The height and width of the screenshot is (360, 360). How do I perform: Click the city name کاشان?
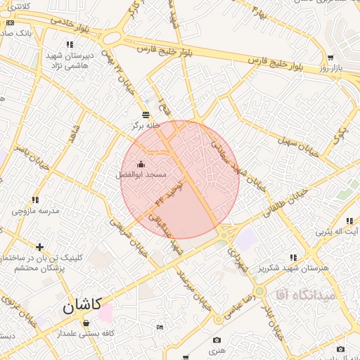82,306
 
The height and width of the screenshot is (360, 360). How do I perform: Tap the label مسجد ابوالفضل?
141,174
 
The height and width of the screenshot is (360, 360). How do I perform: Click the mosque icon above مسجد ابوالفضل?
141,164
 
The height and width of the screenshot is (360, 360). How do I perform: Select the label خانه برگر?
146,125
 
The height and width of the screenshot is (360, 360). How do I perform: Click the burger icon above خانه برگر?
146,114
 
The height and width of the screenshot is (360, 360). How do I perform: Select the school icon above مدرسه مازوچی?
35,200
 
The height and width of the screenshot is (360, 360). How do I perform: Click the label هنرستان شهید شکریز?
294,268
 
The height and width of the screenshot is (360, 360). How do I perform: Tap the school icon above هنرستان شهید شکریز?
294,257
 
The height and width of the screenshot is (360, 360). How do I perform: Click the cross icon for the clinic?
39,247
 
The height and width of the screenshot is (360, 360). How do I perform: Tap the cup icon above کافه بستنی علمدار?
86,323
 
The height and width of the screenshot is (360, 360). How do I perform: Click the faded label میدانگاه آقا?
307,294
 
